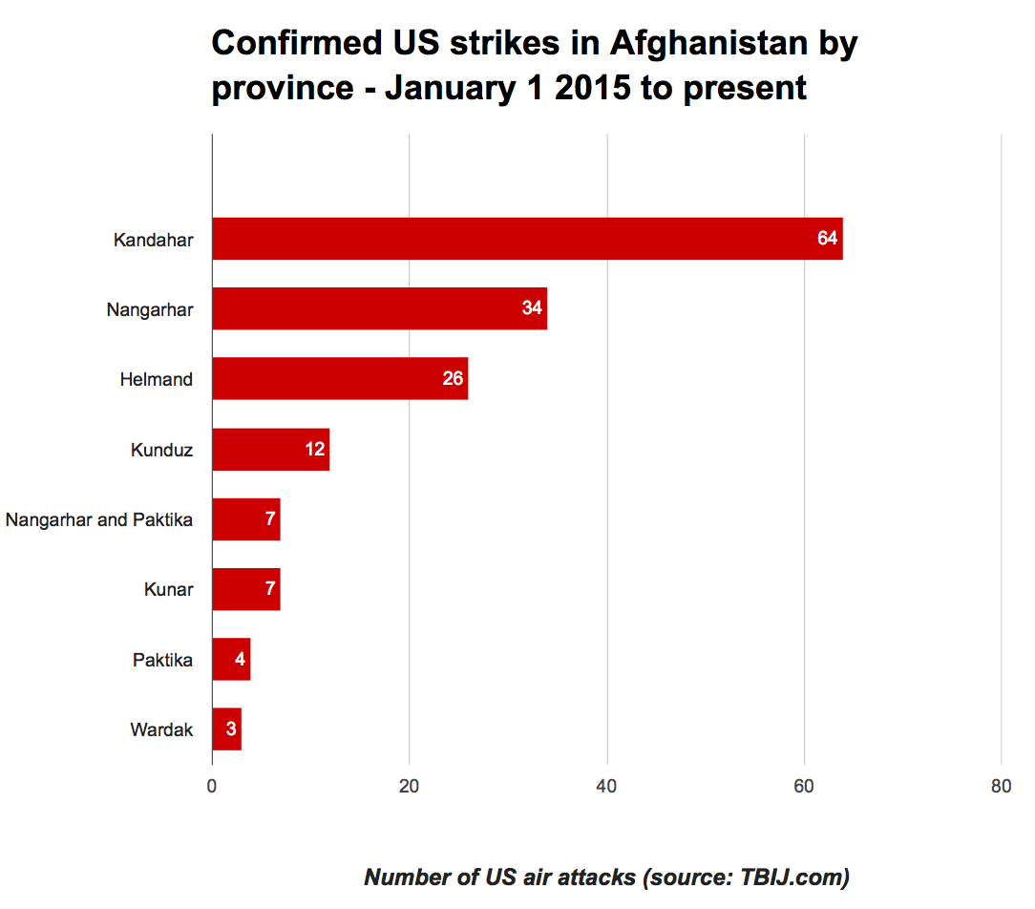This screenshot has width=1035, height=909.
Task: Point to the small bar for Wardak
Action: (x=226, y=729)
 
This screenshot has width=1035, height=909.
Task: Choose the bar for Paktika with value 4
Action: (x=231, y=659)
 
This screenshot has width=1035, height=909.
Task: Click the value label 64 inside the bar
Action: (x=827, y=239)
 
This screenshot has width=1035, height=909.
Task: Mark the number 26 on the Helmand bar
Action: (x=453, y=379)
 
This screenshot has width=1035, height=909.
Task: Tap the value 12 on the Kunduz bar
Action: (x=315, y=449)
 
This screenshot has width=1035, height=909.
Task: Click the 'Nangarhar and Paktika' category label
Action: (x=99, y=519)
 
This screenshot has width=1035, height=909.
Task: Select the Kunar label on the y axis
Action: (x=168, y=589)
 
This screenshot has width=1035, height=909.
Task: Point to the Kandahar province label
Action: (x=153, y=239)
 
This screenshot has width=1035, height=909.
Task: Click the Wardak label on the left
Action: (x=161, y=730)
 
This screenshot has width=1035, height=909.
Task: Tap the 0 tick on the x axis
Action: (x=212, y=786)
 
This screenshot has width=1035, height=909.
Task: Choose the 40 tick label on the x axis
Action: (x=606, y=786)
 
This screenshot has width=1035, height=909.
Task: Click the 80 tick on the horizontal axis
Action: (x=1001, y=786)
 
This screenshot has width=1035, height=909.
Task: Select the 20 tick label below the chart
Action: (x=409, y=786)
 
